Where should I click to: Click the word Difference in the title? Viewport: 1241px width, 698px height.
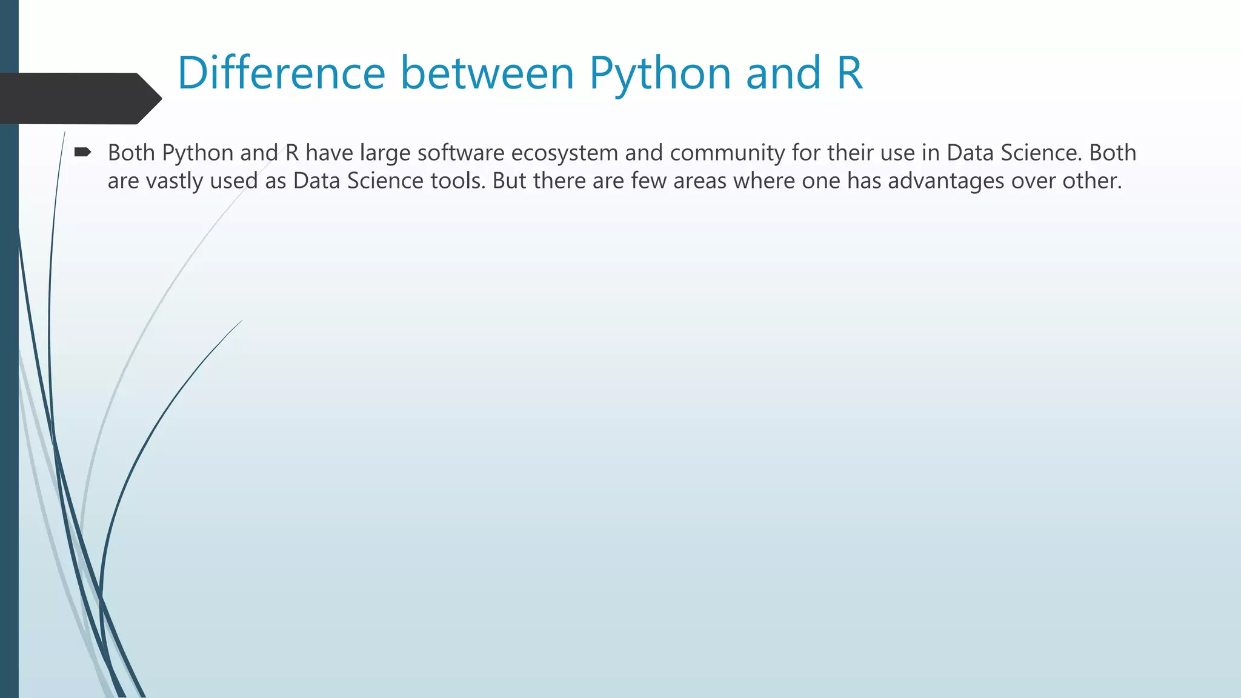pos(281,73)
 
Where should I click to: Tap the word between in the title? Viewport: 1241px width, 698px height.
pos(487,73)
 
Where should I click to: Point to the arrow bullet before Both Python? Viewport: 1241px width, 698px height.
pos(82,152)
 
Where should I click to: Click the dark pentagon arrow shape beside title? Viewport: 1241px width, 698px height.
pos(79,98)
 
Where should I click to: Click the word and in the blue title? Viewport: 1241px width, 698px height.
pos(783,73)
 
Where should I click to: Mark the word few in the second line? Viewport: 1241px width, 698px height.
pos(648,181)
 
